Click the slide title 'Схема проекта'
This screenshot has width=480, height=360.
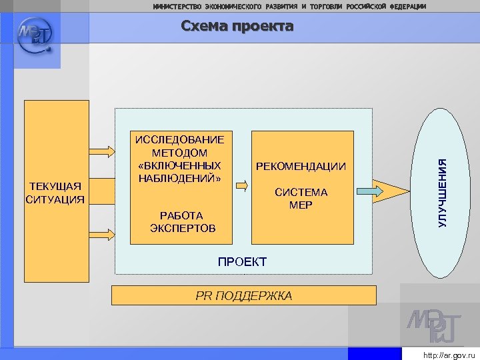pos(237,27)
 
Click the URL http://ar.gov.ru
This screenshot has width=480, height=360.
pos(449,355)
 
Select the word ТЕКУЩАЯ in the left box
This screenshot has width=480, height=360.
pos(55,185)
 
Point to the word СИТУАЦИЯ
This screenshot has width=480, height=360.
pos(55,199)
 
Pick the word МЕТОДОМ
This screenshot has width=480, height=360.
pos(179,153)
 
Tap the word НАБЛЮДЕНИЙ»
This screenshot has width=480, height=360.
pos(179,178)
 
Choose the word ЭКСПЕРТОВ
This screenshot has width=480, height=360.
pos(182,228)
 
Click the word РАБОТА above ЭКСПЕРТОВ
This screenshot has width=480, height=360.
pos(181,215)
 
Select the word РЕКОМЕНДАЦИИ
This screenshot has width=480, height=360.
pos(301,166)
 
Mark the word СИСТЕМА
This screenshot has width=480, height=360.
pos(301,192)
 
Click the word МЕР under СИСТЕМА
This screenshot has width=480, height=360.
pos(301,205)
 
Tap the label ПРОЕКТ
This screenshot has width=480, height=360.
pos(242,262)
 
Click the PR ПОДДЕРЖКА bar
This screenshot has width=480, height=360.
pos(243,295)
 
